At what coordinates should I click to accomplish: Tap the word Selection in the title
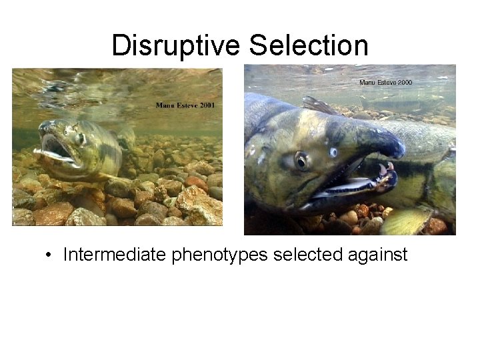coord(308,45)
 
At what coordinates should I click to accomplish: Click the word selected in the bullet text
coord(309,254)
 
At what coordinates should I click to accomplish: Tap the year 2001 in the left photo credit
coord(205,105)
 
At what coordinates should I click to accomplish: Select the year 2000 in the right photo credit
coord(402,82)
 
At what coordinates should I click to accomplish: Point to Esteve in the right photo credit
coord(382,82)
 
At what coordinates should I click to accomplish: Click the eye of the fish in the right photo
coord(301,160)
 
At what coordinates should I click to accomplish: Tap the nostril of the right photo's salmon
coord(333,153)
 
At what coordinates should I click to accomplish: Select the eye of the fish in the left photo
coord(79,138)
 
